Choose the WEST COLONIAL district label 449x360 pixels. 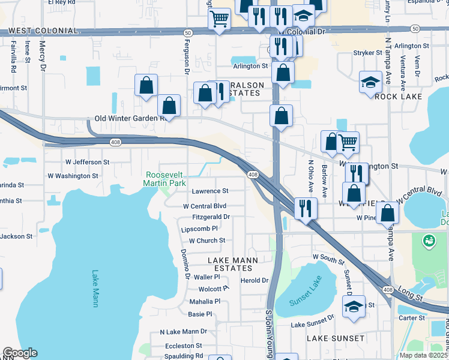(x=43, y=31)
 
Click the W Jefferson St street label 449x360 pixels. (x=87, y=162)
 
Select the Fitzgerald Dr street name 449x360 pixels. (x=211, y=217)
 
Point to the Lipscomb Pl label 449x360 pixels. (x=199, y=229)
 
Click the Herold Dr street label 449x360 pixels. (x=254, y=280)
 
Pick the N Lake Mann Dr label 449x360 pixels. (x=183, y=331)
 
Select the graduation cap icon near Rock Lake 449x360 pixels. (x=370, y=82)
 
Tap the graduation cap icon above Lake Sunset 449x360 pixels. (x=354, y=307)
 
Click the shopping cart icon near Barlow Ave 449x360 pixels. (x=348, y=142)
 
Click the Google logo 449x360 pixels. (x=20, y=353)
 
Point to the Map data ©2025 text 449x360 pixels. (x=423, y=355)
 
